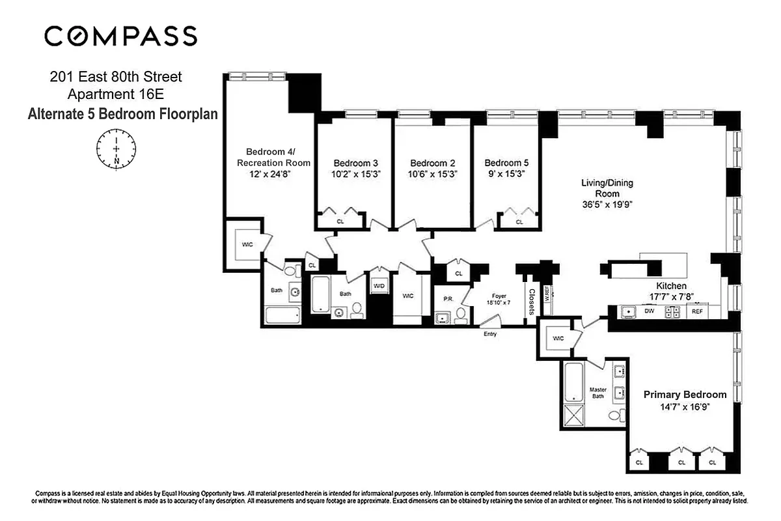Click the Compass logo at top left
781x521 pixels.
(x=120, y=36)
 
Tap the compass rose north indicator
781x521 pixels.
(x=116, y=150)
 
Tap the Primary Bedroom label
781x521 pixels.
(x=685, y=395)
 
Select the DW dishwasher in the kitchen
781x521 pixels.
(x=649, y=311)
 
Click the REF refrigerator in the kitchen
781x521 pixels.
(x=697, y=311)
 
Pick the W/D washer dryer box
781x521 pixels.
(x=378, y=286)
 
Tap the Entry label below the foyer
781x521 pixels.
(x=489, y=334)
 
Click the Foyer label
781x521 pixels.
(x=499, y=296)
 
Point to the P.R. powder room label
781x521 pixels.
(x=448, y=299)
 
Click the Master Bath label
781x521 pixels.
(x=598, y=393)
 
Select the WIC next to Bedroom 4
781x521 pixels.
(x=247, y=244)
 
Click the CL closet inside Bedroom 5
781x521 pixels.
(x=519, y=222)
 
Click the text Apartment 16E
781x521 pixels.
(x=116, y=95)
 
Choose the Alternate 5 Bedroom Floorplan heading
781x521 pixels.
(x=122, y=114)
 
